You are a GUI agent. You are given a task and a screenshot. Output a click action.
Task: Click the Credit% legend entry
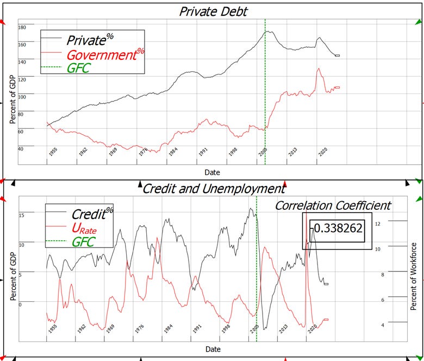coord(92,214)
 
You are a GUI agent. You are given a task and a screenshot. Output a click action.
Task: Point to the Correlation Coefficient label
coord(333,206)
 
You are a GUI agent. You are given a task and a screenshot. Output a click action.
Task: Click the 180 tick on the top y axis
coord(22,27)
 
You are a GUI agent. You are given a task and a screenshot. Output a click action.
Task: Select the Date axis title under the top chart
coord(212,172)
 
